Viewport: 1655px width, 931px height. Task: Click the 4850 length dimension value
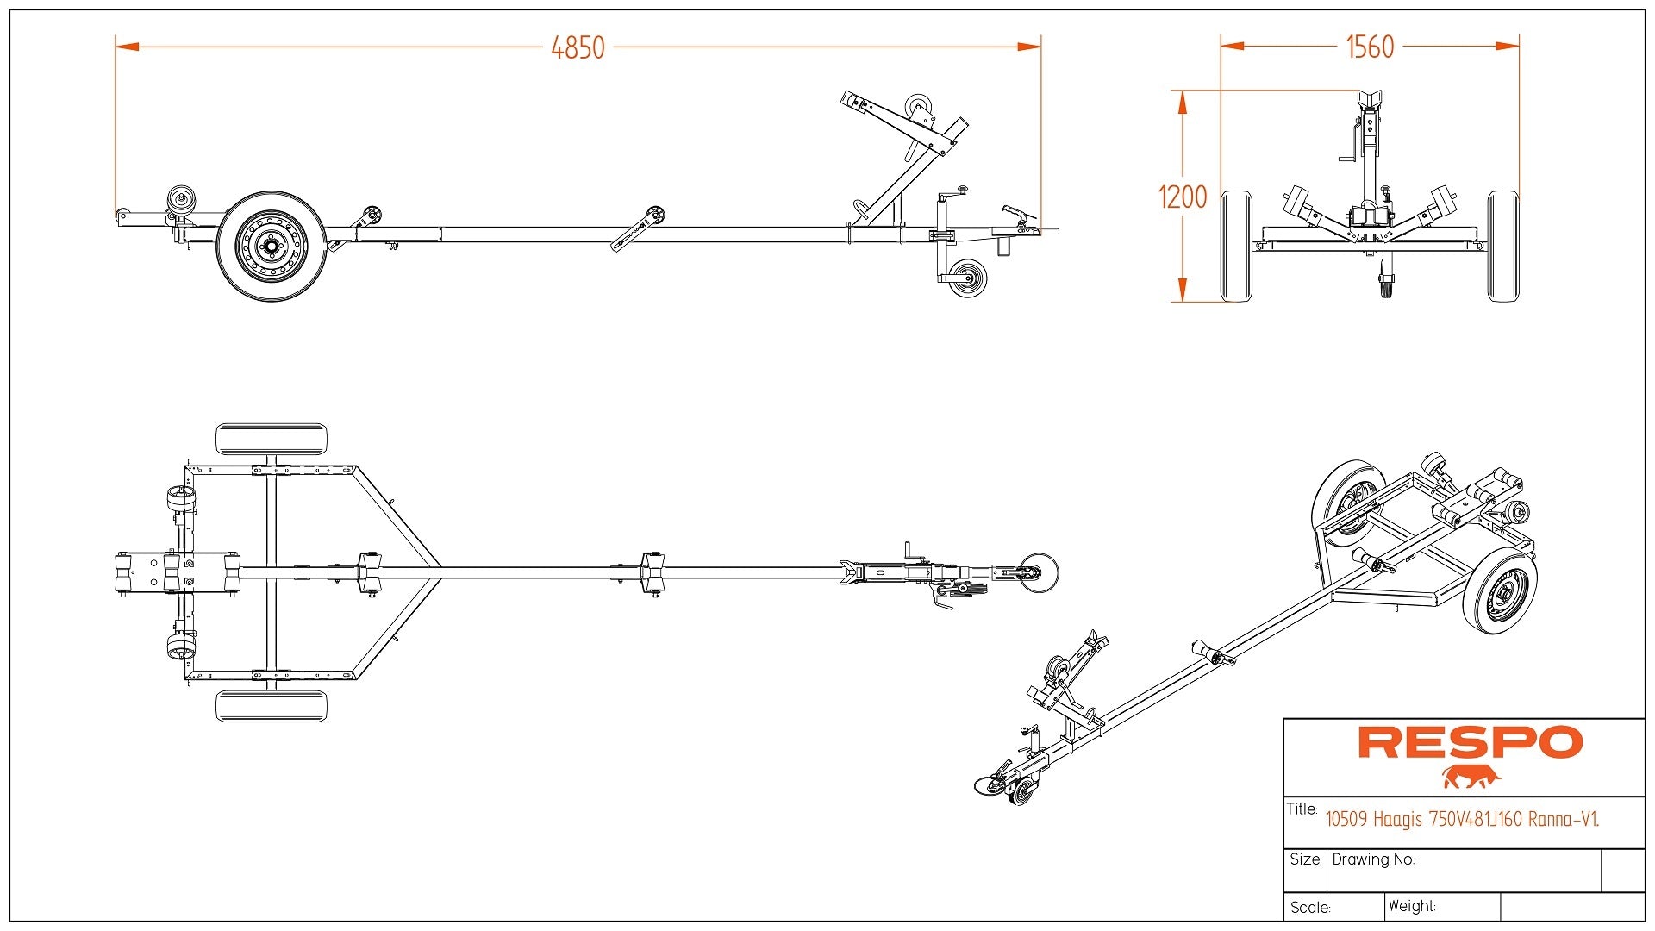pyautogui.click(x=578, y=47)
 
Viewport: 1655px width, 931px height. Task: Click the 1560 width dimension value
pyautogui.click(x=1369, y=47)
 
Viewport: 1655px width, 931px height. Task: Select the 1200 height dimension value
pyautogui.click(x=1182, y=197)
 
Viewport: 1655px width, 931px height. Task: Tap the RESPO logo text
pyautogui.click(x=1470, y=742)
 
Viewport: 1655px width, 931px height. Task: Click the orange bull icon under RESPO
pyautogui.click(x=1471, y=777)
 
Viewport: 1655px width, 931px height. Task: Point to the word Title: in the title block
pyautogui.click(x=1302, y=809)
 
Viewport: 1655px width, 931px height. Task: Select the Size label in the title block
pyautogui.click(x=1304, y=859)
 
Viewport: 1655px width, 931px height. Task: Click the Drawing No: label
pyautogui.click(x=1373, y=859)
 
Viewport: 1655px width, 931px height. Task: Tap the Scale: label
pyautogui.click(x=1310, y=908)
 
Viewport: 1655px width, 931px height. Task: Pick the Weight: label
pyautogui.click(x=1412, y=906)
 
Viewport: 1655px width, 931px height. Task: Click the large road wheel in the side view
pyautogui.click(x=271, y=247)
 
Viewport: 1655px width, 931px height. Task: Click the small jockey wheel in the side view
pyautogui.click(x=966, y=278)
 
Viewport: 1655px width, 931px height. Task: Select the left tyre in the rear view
pyautogui.click(x=1236, y=247)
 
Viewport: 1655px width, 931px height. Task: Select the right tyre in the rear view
pyautogui.click(x=1503, y=247)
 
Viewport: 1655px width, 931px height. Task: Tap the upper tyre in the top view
pyautogui.click(x=271, y=439)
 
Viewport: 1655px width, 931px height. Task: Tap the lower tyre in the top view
pyautogui.click(x=271, y=706)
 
